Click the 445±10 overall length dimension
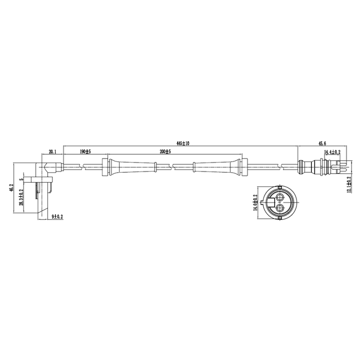click(183, 144)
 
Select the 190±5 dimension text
click(85, 152)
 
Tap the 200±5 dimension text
click(165, 152)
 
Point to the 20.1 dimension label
click(53, 152)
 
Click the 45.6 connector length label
click(322, 144)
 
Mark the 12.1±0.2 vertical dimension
click(349, 186)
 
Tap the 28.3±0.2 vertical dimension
click(21, 197)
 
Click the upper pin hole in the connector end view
click(280, 196)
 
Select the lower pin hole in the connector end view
click(280, 209)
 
